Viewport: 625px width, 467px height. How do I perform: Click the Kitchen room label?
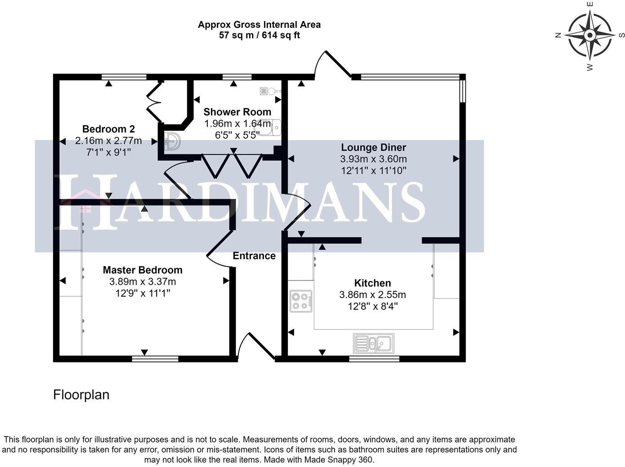coord(372,283)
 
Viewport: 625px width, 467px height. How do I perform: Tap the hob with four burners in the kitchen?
coord(301,301)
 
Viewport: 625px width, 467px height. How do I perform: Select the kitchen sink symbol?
coord(374,344)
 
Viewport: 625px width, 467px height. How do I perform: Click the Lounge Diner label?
coord(373,147)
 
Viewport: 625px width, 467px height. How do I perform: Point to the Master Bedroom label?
coord(142,270)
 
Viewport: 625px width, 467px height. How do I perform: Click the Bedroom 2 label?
coord(108,129)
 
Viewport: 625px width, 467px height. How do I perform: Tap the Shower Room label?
coord(237,112)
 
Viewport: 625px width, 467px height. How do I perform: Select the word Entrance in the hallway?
coord(254,256)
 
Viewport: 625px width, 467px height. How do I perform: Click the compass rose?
coord(590,35)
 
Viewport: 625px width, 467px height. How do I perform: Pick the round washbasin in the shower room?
coord(172,141)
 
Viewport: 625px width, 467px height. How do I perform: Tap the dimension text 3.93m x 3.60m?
coord(373,159)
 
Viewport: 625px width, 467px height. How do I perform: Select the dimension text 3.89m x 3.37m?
coord(142,282)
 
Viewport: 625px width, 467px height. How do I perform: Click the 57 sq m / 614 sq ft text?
coord(259,35)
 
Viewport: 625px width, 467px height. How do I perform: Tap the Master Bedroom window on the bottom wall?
coord(155,359)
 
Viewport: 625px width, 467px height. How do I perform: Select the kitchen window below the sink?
coord(374,359)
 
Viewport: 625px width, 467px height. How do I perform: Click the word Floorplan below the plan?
coord(81,395)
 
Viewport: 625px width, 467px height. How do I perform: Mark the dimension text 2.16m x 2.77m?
coord(108,141)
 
